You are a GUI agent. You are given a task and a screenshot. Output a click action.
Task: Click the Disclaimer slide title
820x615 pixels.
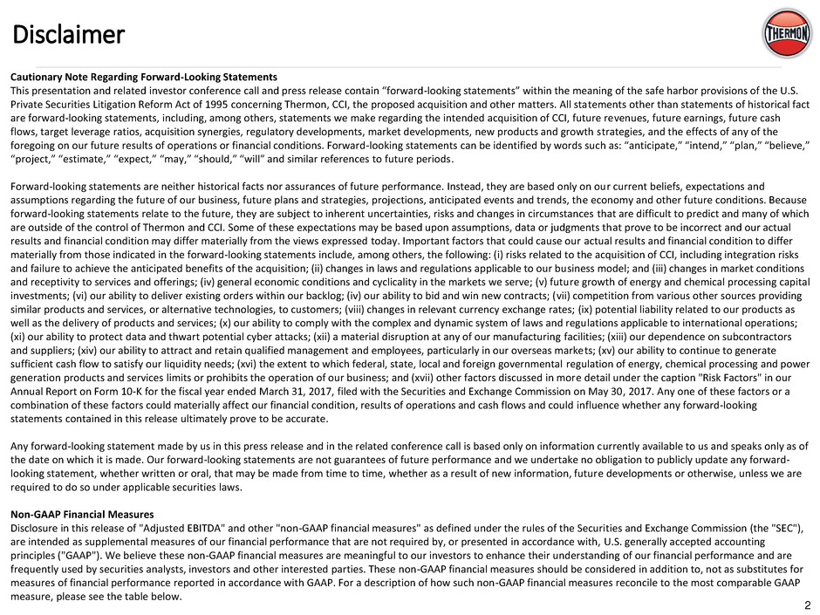point(68,34)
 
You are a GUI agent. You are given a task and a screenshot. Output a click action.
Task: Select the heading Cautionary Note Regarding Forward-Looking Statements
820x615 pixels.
point(143,77)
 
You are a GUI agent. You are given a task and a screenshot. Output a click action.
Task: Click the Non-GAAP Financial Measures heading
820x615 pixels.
point(81,514)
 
